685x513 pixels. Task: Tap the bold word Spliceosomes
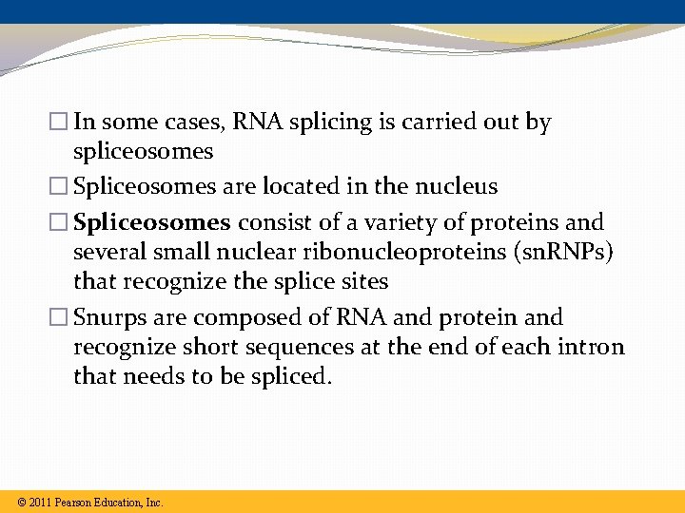pos(152,222)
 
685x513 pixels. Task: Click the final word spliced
pos(294,377)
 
